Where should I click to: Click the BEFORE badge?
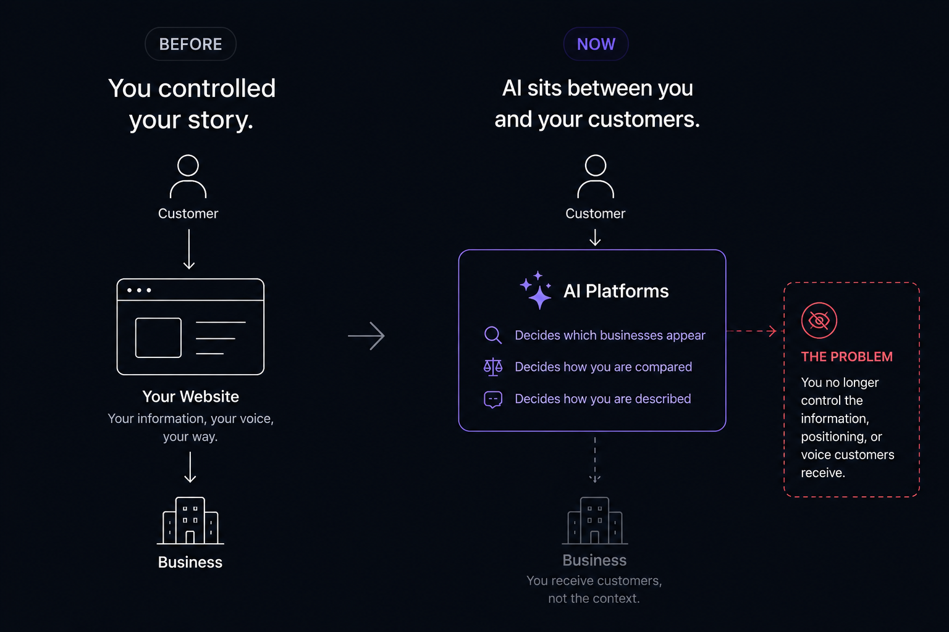[x=191, y=44]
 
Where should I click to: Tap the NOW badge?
[x=596, y=44]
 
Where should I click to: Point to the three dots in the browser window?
[x=139, y=290]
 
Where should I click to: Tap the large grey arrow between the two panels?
[x=366, y=336]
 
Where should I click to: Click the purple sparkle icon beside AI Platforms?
[x=536, y=291]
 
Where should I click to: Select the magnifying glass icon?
[x=493, y=335]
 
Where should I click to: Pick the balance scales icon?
[x=493, y=367]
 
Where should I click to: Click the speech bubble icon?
[x=493, y=399]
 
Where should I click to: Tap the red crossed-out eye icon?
[x=819, y=320]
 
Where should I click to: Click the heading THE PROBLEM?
[x=846, y=357]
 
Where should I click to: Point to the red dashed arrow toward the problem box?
[x=751, y=331]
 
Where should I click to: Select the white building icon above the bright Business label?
[x=190, y=521]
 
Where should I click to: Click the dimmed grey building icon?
[x=595, y=521]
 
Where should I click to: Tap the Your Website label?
[x=191, y=397]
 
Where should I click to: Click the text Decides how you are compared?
[x=603, y=367]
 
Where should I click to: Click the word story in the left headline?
[x=221, y=120]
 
